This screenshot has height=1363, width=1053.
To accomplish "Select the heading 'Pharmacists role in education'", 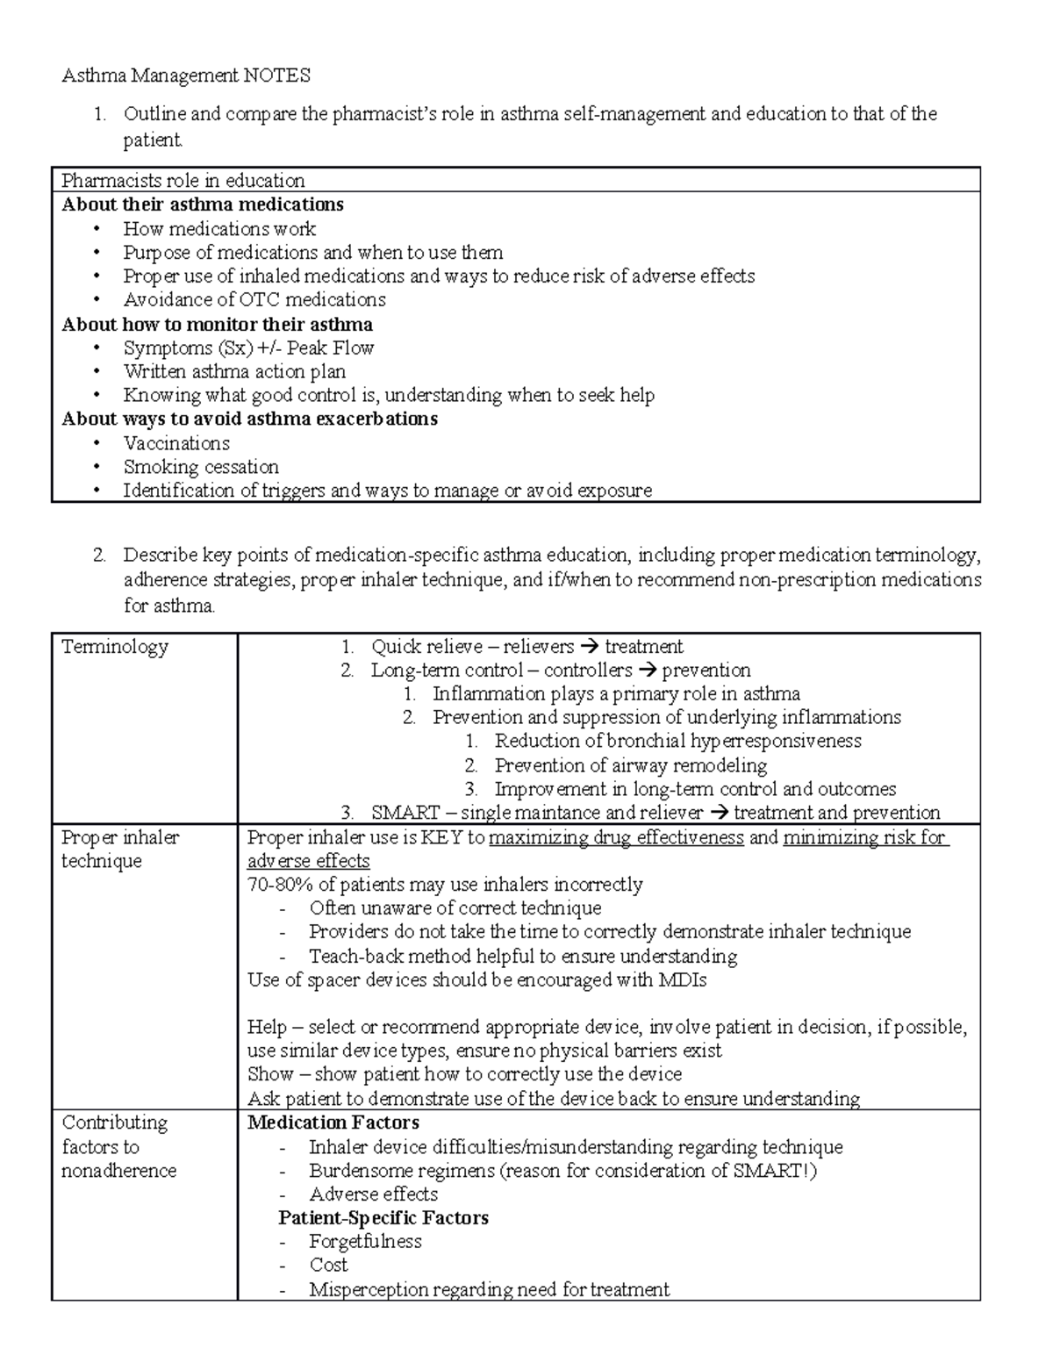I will (x=183, y=181).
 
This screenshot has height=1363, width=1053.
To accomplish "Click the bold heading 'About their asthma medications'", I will (x=202, y=204).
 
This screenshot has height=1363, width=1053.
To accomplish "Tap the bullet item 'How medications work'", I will (x=219, y=229).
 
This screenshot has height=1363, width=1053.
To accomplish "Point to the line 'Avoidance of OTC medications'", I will (x=254, y=300).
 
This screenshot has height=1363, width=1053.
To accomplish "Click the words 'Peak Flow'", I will (x=339, y=348).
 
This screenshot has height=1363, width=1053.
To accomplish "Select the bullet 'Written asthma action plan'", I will (x=234, y=371).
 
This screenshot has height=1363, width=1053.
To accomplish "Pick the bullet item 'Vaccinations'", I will (x=176, y=443).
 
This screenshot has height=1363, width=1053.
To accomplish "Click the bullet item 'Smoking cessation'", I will (x=201, y=467).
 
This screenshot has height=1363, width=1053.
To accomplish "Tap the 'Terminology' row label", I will (x=114, y=647).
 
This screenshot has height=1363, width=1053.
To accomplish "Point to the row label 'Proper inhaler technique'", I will (x=119, y=849).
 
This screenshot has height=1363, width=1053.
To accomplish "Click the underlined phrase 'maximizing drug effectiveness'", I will (x=616, y=837).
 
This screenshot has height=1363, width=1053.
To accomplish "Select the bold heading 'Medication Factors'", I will (x=333, y=1123).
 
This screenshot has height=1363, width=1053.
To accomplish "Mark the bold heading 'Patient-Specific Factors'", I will (x=383, y=1218).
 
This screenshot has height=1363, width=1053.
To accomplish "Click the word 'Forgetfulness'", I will (x=365, y=1242).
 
